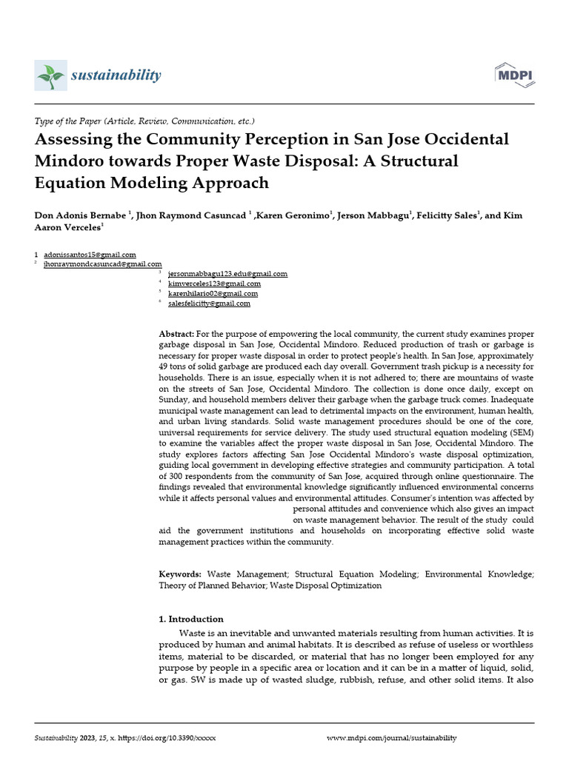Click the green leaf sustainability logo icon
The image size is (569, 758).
coord(51,75)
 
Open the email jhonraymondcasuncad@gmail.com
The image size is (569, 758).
coord(103,264)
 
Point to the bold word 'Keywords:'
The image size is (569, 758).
coord(180,574)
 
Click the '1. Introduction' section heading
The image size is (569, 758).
coord(191,619)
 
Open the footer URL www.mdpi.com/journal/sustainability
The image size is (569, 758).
coord(392,738)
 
